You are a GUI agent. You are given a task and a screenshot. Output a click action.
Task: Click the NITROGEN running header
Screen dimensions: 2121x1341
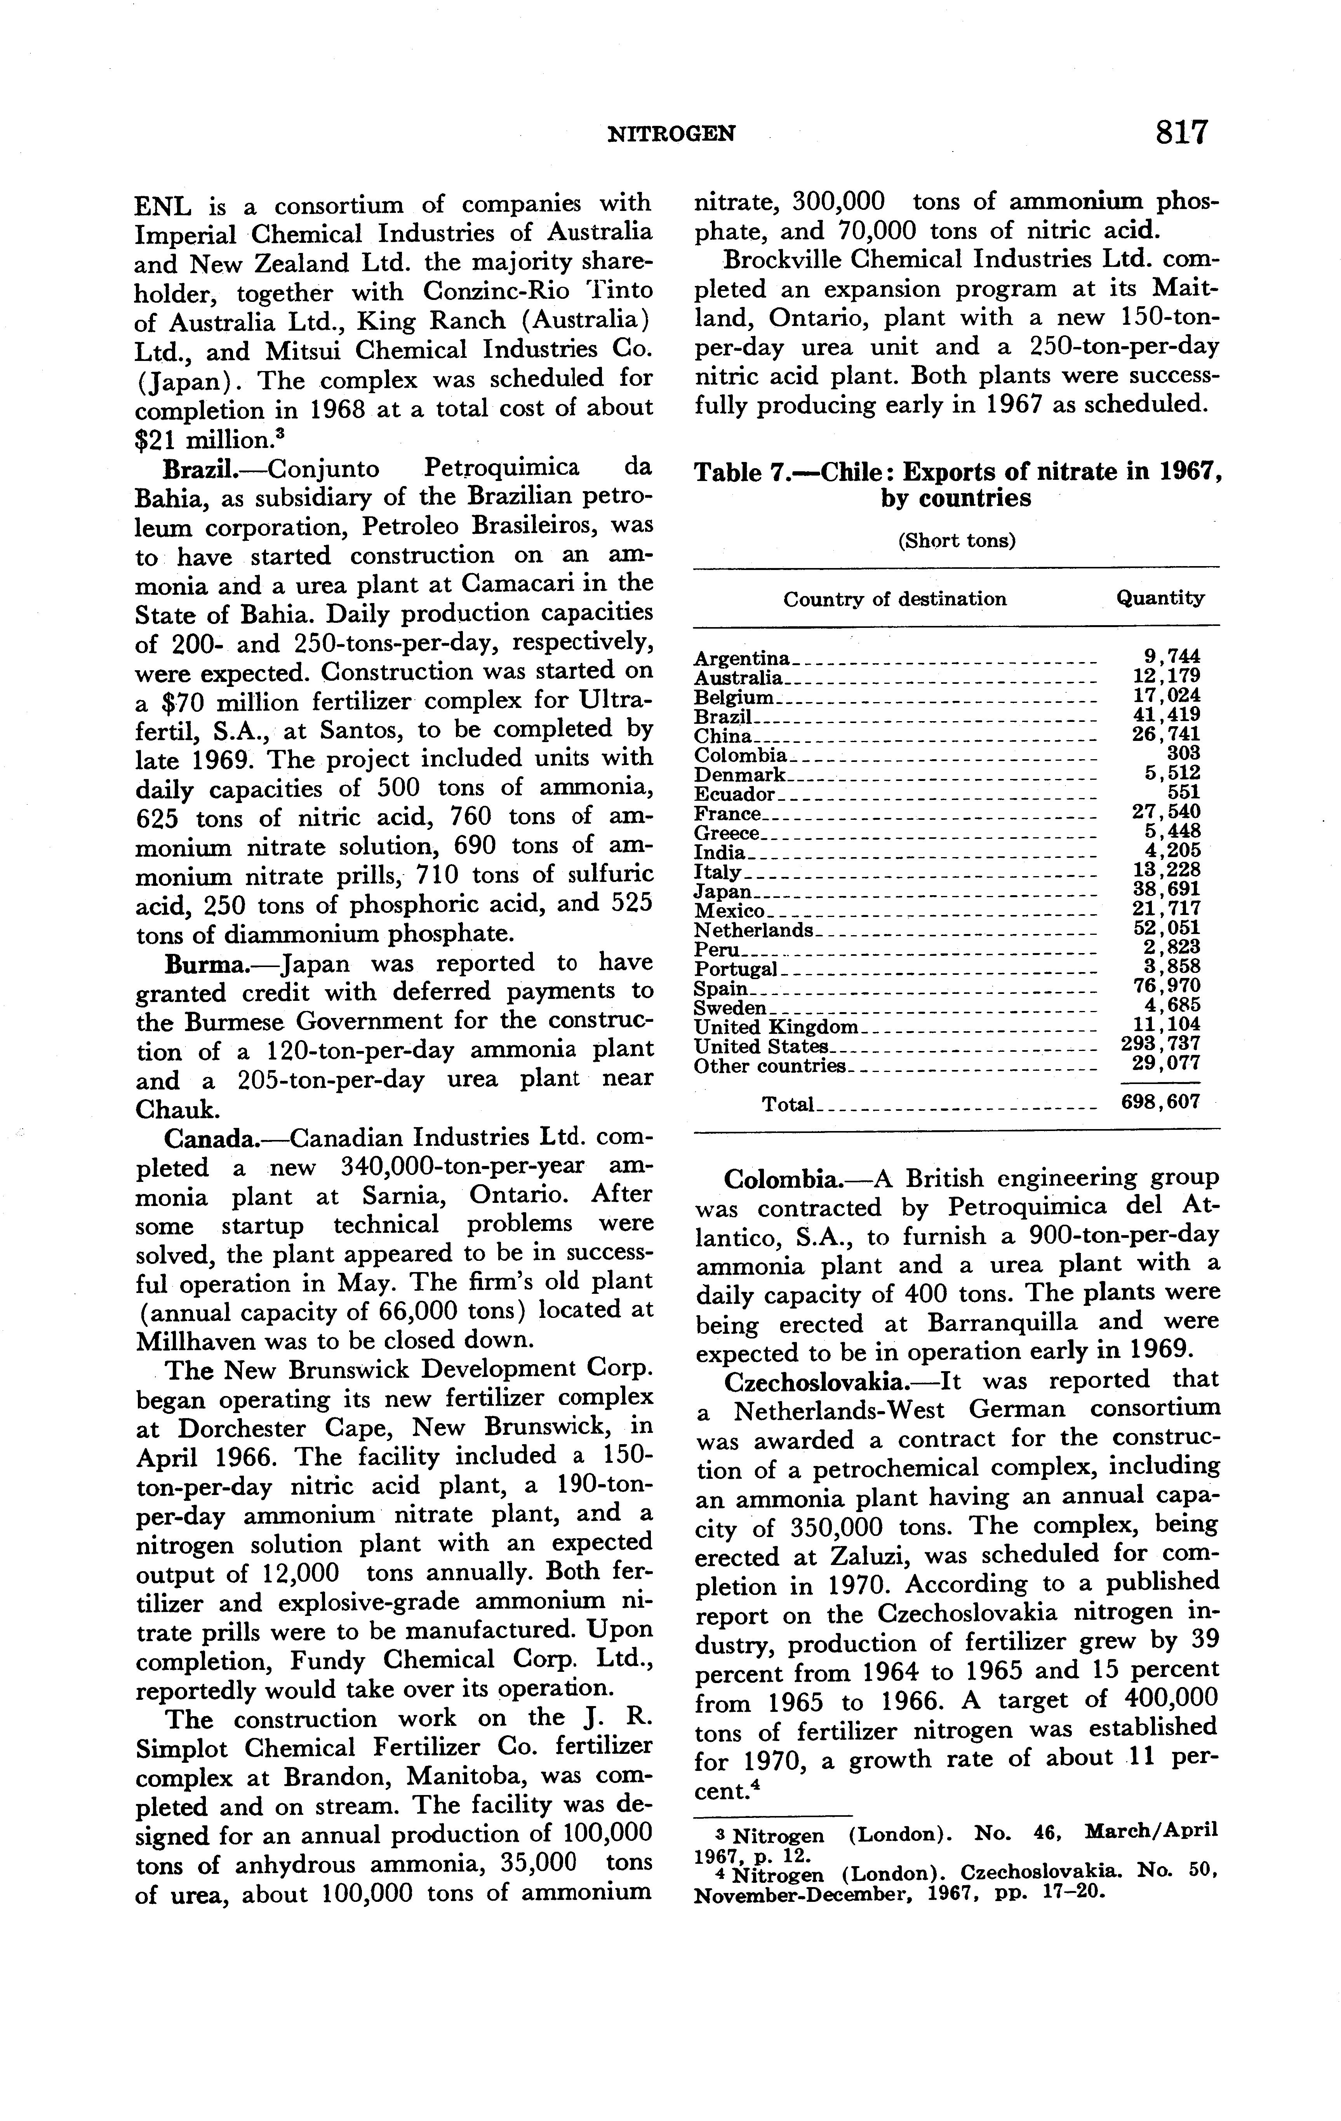coord(672,134)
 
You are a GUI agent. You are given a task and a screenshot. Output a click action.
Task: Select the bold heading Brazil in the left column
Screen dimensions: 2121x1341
coord(202,469)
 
